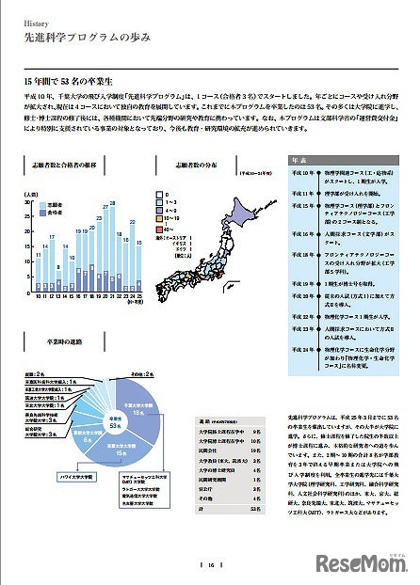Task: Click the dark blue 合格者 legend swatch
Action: tap(42, 212)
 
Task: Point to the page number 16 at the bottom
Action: tap(211, 564)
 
